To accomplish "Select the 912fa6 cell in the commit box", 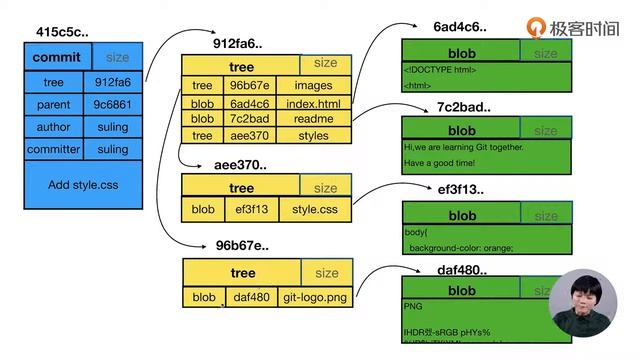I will pyautogui.click(x=113, y=82).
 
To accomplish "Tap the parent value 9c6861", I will pyautogui.click(x=113, y=104).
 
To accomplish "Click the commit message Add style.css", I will pyautogui.click(x=84, y=185).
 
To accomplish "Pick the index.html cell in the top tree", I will pyautogui.click(x=313, y=103).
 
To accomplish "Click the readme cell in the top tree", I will pyautogui.click(x=313, y=119).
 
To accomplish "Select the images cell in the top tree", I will pyautogui.click(x=313, y=86).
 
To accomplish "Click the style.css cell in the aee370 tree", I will pyautogui.click(x=316, y=210).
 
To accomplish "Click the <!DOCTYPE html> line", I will pyautogui.click(x=440, y=70).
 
